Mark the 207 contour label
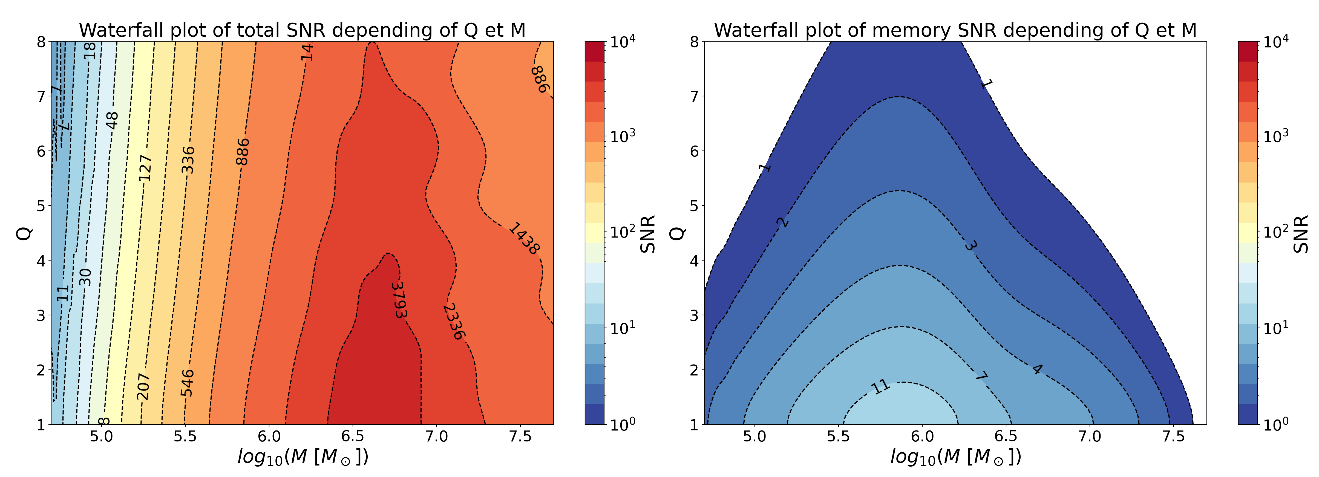[x=143, y=386]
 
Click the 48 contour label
[x=112, y=121]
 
